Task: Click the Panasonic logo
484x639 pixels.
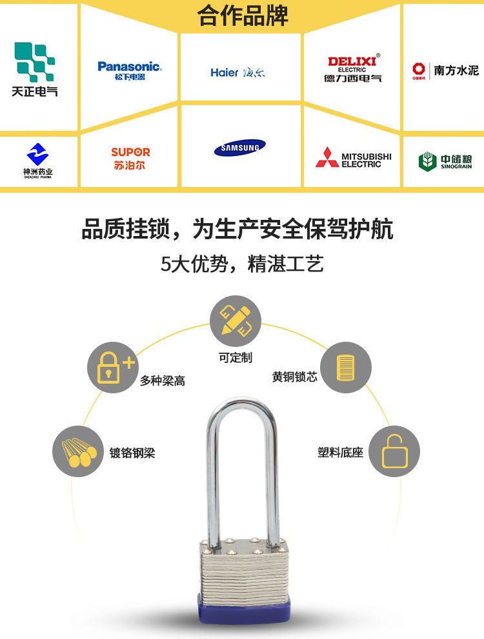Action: [129, 70]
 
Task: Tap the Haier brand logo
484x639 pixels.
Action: [237, 72]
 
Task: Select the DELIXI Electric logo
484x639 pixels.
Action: [352, 69]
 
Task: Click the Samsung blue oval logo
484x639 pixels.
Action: [240, 148]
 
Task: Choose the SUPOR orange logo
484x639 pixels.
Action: [130, 158]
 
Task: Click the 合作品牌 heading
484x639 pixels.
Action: [243, 16]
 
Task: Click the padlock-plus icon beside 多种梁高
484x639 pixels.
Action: [114, 368]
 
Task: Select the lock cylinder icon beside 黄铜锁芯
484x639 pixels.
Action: [346, 368]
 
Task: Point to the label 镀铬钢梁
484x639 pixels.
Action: [132, 453]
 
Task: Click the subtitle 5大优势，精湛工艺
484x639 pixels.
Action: [242, 264]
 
